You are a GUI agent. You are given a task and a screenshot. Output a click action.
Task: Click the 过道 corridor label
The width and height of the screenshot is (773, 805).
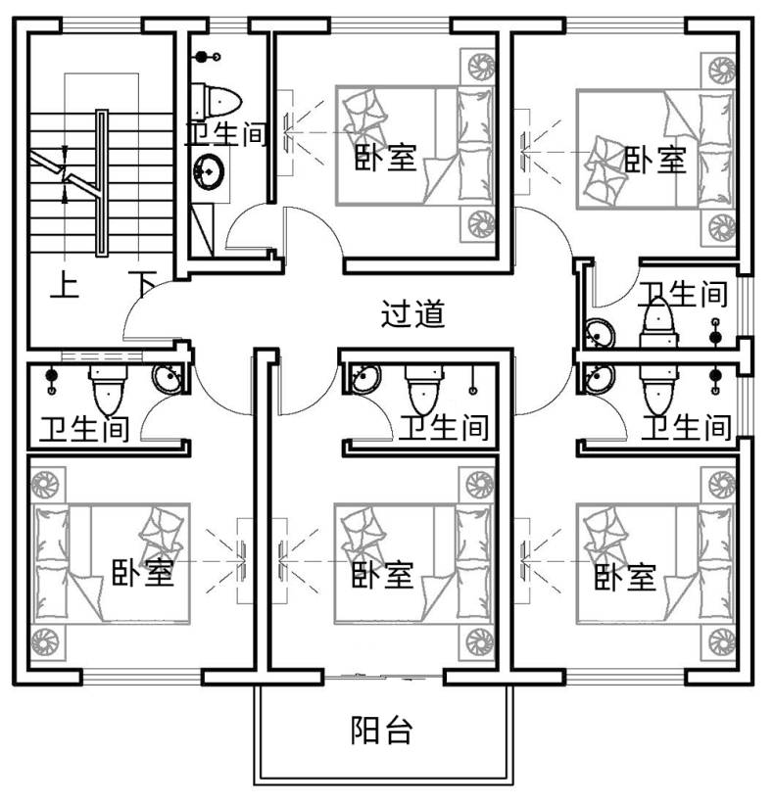click(412, 313)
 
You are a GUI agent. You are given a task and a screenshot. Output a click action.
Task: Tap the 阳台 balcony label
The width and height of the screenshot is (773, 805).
click(382, 730)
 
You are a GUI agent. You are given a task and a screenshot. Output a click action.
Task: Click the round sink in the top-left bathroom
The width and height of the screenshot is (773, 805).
click(209, 171)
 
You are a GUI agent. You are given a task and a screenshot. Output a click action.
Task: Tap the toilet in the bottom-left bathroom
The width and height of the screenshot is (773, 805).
click(109, 390)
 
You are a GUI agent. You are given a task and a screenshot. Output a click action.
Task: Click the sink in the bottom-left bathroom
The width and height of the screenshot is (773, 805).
click(168, 378)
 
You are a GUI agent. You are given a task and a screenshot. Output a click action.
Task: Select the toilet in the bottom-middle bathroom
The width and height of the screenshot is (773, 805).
click(424, 390)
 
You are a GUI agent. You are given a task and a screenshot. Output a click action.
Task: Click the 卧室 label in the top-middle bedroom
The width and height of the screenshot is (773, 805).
click(386, 157)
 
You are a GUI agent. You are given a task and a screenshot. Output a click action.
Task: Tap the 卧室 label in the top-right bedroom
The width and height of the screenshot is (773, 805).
click(654, 160)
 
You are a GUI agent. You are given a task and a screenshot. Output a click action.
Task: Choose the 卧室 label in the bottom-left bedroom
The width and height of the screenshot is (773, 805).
click(143, 572)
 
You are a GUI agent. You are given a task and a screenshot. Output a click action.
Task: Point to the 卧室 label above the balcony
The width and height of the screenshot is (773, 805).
click(383, 574)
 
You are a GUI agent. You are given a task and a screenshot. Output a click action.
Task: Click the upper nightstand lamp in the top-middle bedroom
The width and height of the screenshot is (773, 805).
click(481, 67)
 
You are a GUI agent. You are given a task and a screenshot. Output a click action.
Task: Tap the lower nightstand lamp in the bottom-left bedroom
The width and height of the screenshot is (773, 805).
click(46, 641)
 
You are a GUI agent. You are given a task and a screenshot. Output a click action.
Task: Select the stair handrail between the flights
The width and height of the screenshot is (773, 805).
click(102, 183)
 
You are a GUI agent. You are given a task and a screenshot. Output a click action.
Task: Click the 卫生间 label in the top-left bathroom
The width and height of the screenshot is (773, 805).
click(226, 134)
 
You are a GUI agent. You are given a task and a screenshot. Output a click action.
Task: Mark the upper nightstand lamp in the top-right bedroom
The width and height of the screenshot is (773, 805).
click(722, 71)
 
